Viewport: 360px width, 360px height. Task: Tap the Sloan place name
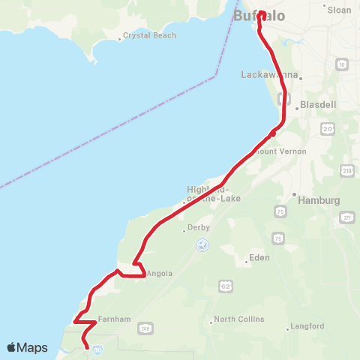[339, 10]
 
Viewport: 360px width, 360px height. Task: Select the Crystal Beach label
[149, 35]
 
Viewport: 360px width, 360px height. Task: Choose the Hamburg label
[319, 201]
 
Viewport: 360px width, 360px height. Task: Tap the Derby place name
[198, 227]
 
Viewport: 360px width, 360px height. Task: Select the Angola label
[160, 274]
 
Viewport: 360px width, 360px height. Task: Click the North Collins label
[239, 319]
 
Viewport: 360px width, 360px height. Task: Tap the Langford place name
[307, 326]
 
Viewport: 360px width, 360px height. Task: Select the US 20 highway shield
[327, 129]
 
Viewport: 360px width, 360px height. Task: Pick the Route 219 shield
[346, 172]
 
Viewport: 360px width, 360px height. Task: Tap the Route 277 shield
[347, 218]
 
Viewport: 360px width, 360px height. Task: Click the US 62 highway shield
[225, 286]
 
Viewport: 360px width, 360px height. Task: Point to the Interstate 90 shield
[97, 349]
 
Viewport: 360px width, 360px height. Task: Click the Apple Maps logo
[27, 348]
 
